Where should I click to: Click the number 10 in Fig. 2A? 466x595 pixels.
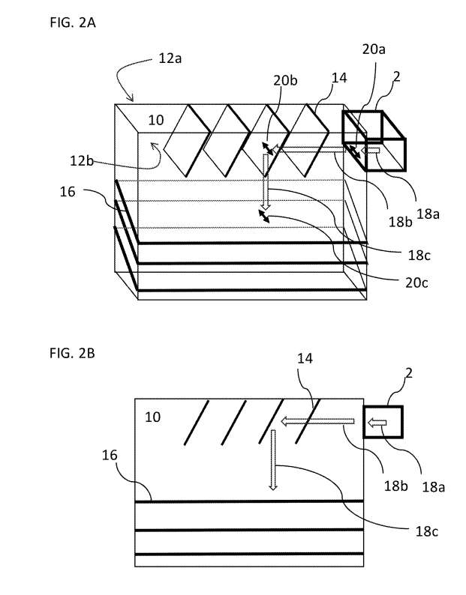[x=155, y=120]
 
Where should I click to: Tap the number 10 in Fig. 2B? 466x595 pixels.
[x=152, y=417]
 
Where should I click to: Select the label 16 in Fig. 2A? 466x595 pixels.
[x=68, y=193]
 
